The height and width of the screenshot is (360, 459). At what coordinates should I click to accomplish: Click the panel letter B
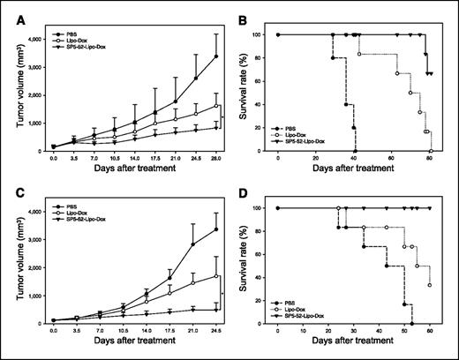coord(242,13)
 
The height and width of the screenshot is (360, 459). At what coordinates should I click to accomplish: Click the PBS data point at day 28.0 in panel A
coord(216,56)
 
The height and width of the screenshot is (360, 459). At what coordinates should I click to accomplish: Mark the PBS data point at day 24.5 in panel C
coord(216,229)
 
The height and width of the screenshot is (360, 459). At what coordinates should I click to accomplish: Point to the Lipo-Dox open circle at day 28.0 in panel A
coord(216,106)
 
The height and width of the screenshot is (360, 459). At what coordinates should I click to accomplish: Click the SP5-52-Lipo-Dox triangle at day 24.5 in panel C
coord(216,310)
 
